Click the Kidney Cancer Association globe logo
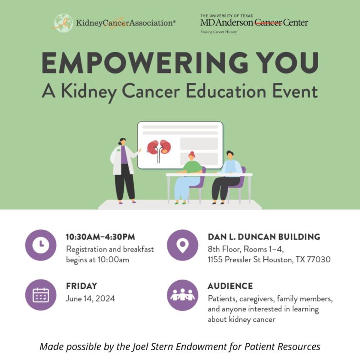(63, 22)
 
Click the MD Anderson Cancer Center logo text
(254, 22)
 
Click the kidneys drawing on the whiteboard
(159, 148)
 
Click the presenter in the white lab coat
(124, 169)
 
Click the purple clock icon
(41, 245)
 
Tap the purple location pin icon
(182, 245)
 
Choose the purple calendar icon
(41, 295)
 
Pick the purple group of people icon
(182, 295)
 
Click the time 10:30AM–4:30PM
(100, 237)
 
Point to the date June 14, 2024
(90, 298)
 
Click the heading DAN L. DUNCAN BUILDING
(264, 237)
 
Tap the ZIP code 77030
(319, 260)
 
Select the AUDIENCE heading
(230, 286)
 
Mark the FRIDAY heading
(81, 286)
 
